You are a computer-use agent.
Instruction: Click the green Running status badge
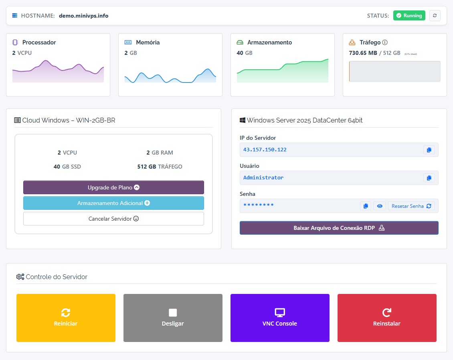(409, 16)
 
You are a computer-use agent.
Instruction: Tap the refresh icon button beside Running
(435, 16)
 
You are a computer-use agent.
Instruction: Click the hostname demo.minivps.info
(83, 16)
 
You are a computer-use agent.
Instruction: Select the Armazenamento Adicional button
(113, 203)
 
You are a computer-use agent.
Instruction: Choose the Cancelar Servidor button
(113, 219)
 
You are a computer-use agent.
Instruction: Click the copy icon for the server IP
(429, 150)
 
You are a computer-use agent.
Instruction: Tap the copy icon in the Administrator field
(429, 178)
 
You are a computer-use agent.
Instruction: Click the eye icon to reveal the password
(380, 206)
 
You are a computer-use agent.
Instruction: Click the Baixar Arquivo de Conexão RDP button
(339, 228)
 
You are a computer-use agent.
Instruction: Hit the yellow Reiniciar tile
(66, 318)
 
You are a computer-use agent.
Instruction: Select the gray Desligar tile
(173, 318)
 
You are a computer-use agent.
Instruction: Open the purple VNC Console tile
(280, 318)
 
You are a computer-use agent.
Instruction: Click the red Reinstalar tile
(387, 318)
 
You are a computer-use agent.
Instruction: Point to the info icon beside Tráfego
(385, 42)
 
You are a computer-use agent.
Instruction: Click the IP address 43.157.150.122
(265, 150)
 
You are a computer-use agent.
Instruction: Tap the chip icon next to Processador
(15, 42)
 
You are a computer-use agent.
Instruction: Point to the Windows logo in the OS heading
(243, 120)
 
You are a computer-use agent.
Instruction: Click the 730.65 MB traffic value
(363, 53)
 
